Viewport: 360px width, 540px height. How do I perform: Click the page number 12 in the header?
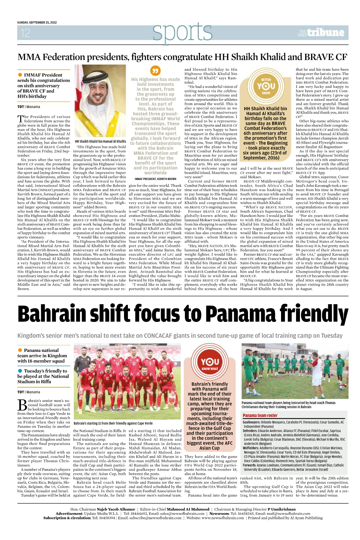coord(26,33)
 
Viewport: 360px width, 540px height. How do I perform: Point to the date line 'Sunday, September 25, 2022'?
coord(37,22)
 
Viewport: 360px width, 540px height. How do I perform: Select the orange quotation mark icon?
coord(155,71)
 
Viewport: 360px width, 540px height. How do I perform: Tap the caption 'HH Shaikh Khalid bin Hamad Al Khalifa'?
coord(100,141)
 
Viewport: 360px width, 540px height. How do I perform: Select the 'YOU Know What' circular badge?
coord(210,363)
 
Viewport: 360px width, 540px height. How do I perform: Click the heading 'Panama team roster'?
coord(260,415)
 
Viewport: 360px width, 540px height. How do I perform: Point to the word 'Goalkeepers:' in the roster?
coord(251,422)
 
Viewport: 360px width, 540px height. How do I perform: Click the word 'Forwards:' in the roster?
coord(249,465)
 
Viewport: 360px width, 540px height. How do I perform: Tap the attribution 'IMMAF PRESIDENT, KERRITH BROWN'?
coord(155,179)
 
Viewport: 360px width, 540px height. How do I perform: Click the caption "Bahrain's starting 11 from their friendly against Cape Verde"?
coord(113,423)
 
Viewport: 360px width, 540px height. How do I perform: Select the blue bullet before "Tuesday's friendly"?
coord(20,371)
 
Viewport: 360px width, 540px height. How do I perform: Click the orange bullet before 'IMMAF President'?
coord(20,75)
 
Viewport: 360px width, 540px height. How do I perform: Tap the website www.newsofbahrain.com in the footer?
coord(223,518)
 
